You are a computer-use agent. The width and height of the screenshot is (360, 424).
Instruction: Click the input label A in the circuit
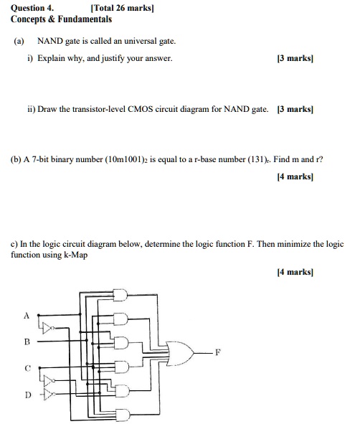[x=27, y=316]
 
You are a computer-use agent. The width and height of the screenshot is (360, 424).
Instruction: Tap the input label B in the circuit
[x=27, y=341]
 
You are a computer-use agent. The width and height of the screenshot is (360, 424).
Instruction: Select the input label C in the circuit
[x=27, y=368]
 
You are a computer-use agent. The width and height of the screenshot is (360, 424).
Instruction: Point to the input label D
[x=28, y=395]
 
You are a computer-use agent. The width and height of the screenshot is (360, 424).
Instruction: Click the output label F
[x=217, y=352]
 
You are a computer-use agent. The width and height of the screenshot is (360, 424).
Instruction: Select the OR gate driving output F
[x=180, y=354]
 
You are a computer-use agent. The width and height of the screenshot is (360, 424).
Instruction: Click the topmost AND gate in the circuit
[x=120, y=295]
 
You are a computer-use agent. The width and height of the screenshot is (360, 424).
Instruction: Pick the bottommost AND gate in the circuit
[x=123, y=414]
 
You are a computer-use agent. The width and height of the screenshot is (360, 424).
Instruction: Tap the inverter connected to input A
[x=48, y=328]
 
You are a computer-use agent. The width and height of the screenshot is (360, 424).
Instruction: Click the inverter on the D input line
[x=49, y=395]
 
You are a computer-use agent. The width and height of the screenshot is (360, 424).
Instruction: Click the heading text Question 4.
[x=32, y=8]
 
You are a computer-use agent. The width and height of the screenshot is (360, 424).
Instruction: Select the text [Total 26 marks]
[x=122, y=8]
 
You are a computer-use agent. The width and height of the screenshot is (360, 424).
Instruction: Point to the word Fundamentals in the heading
[x=85, y=19]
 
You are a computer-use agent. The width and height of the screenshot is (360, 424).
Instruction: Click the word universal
[x=141, y=41]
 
